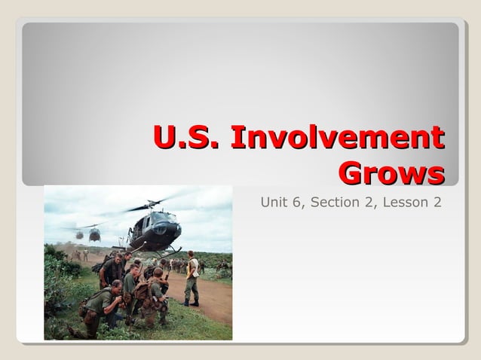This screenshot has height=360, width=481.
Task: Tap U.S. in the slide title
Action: (188, 139)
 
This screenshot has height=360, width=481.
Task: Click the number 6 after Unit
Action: (299, 203)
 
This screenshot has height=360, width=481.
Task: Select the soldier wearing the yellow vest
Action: (193, 277)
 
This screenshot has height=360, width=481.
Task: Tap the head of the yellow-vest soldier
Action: (191, 255)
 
